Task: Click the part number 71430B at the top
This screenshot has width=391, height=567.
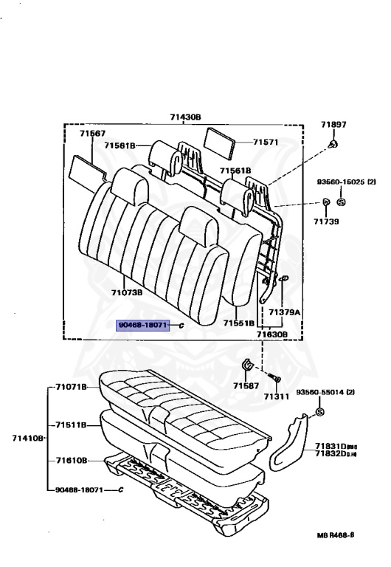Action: (185, 117)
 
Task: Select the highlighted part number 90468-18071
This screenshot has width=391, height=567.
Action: (144, 324)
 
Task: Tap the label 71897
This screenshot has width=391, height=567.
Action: (333, 126)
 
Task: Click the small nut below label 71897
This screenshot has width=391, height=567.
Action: (333, 144)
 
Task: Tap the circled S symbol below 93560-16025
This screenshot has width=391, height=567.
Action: (341, 202)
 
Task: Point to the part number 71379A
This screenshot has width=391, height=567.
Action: (284, 312)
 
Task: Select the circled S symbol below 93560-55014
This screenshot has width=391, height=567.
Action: (320, 411)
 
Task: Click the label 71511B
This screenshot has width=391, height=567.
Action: (71, 425)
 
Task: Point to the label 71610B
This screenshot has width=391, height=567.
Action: (71, 460)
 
